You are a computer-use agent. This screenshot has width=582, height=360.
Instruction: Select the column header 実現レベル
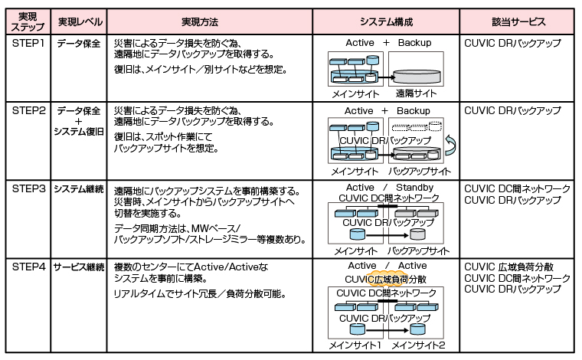point(79,21)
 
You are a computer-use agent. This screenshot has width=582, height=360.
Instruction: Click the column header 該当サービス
point(517,21)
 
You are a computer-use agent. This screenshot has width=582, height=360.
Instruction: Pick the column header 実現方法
point(209,21)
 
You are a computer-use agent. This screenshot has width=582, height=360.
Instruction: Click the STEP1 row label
point(28,44)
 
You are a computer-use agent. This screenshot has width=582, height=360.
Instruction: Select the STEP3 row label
point(28,189)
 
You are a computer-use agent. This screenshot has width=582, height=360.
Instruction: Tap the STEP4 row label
point(28,267)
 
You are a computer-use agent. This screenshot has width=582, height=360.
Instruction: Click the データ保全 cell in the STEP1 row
point(79,44)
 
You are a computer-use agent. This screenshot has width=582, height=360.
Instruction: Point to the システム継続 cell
point(79,189)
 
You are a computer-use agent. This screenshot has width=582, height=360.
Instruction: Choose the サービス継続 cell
point(79,267)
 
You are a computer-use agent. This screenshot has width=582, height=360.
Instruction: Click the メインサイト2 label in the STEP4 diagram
point(419,346)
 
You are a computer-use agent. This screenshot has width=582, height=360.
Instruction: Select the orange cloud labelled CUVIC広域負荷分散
point(386,280)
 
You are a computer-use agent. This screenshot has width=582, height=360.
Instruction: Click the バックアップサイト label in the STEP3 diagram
point(418,250)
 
